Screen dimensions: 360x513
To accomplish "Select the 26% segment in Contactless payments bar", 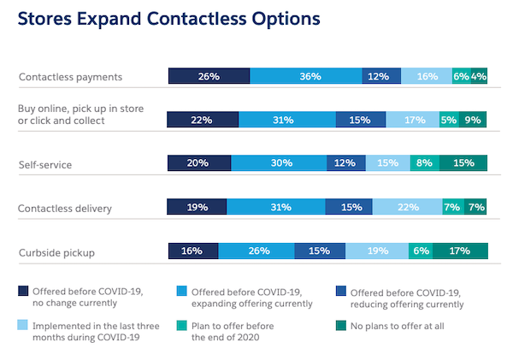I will click(209, 76).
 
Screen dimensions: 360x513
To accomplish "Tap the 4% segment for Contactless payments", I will click(480, 76).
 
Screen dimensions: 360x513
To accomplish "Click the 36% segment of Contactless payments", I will click(306, 76).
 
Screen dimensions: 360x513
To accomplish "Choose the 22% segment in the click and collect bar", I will click(202, 120).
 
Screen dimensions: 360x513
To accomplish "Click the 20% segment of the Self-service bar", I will click(199, 163).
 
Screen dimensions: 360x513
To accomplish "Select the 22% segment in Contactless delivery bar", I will click(407, 207).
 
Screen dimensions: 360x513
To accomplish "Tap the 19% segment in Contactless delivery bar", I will click(198, 207).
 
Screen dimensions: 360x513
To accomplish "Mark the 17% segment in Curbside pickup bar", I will click(461, 251).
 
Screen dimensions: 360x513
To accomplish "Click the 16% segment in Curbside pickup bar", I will click(193, 251).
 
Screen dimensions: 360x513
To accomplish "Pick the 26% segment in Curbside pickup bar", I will click(256, 251).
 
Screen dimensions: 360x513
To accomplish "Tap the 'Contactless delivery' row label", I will click(65, 208).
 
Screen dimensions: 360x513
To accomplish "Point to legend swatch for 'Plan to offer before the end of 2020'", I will click(181, 326).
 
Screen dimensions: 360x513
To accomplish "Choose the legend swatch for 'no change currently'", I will click(22, 291).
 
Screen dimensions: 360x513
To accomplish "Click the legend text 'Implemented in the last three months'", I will click(93, 326).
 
